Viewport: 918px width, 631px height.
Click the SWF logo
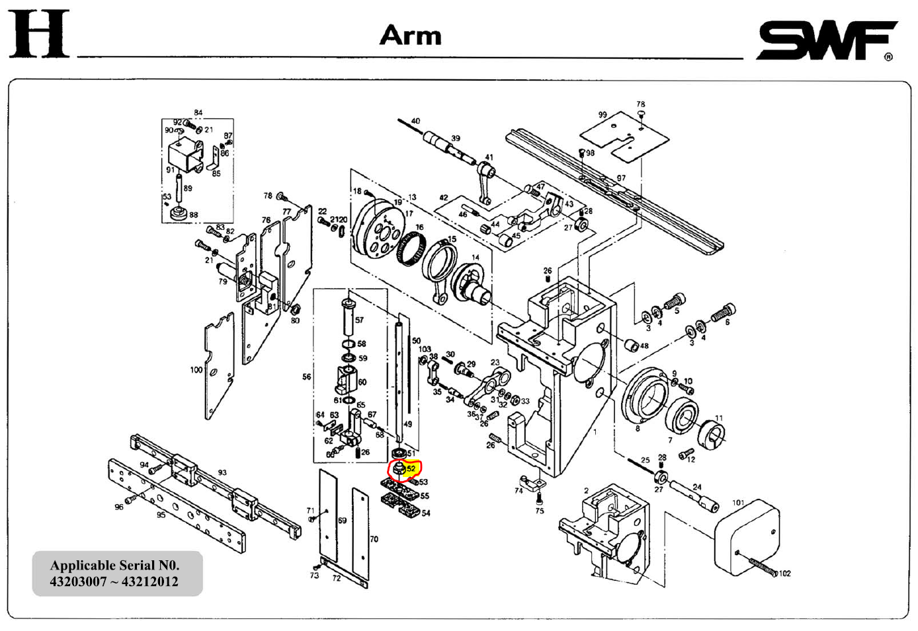click(x=827, y=40)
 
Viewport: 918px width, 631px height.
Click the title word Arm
click(x=410, y=36)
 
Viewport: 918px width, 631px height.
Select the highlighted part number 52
click(x=411, y=468)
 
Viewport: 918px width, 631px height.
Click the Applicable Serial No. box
click(x=117, y=574)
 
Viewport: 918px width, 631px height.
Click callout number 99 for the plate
click(x=602, y=115)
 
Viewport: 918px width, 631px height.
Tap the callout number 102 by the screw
click(x=784, y=574)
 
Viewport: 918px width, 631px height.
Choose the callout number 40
click(x=415, y=122)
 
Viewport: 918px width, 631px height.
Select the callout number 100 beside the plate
click(x=196, y=370)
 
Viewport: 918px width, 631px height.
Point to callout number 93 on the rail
click(x=222, y=472)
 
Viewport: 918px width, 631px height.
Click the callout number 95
click(x=161, y=515)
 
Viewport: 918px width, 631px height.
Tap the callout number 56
click(x=306, y=377)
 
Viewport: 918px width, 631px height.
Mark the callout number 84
click(x=198, y=113)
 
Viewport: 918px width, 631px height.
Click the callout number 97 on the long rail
click(x=621, y=178)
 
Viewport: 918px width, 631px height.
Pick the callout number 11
click(x=719, y=418)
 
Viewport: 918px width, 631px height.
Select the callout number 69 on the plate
click(x=342, y=521)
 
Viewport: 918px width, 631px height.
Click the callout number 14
click(x=476, y=258)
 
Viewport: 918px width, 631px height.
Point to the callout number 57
click(x=359, y=320)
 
